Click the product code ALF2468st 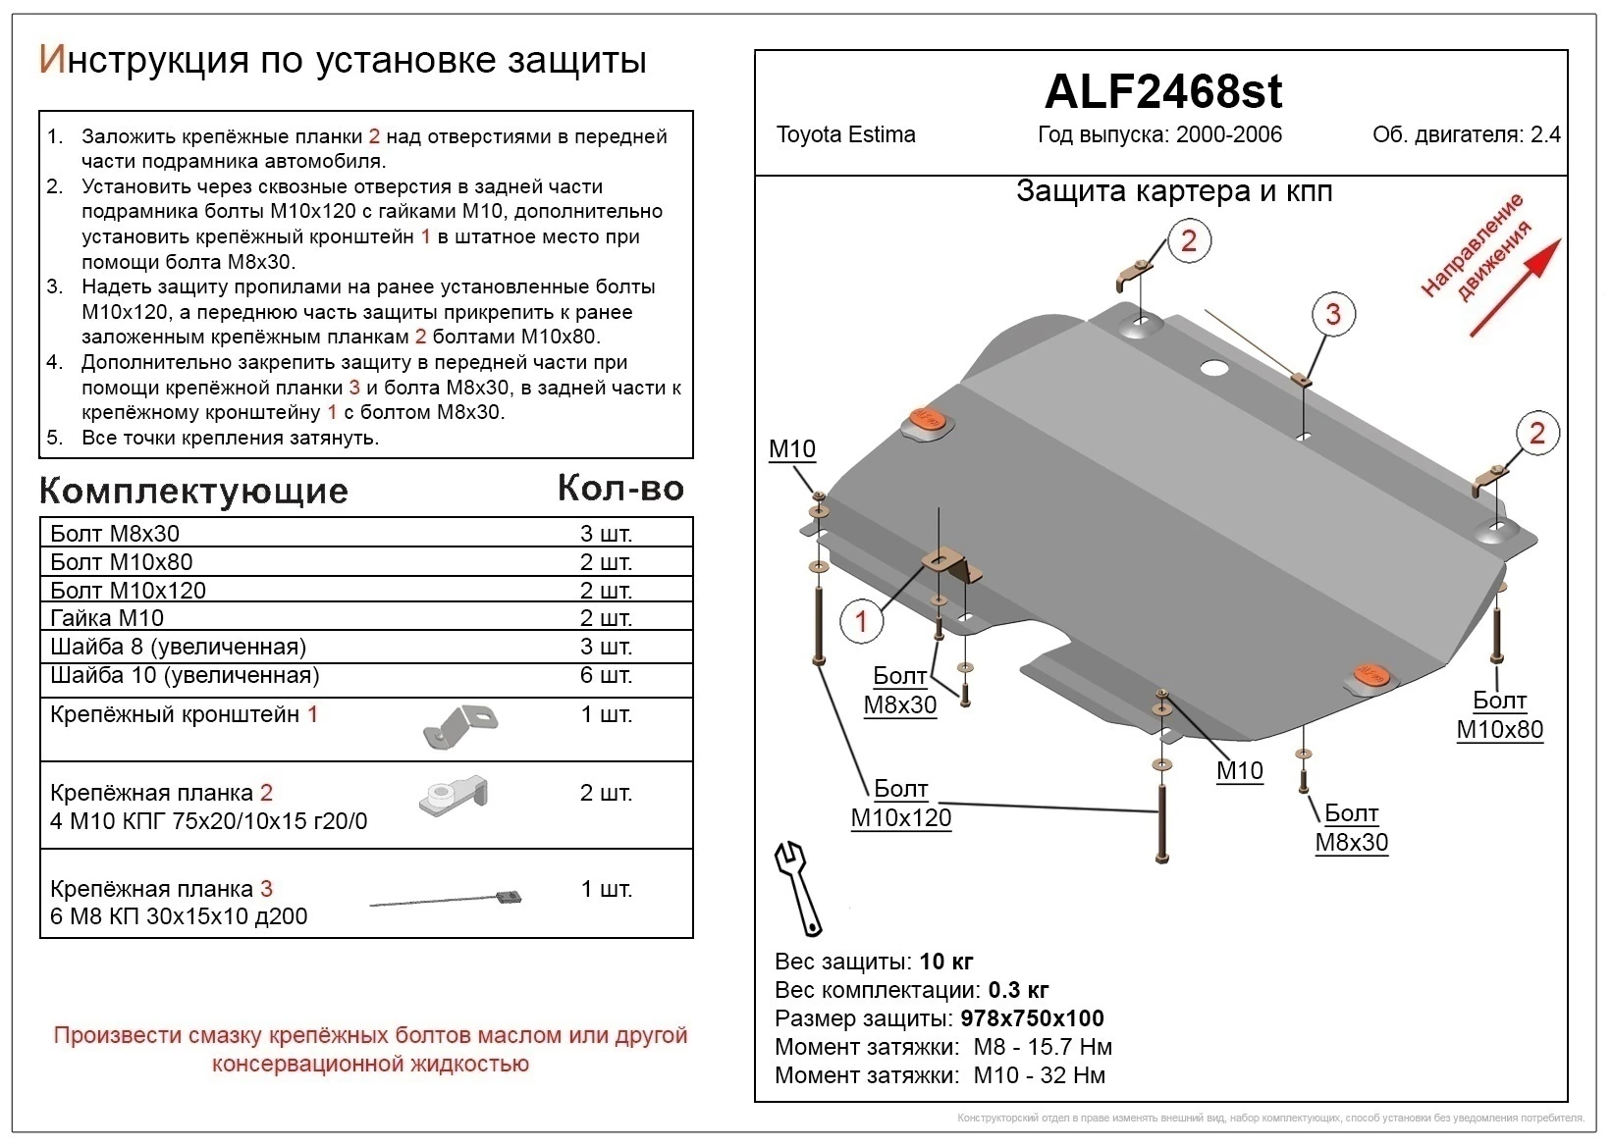pos(1162,92)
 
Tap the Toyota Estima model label pos(845,135)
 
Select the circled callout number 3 pos(1332,314)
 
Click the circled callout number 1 pos(861,621)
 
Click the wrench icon pos(797,886)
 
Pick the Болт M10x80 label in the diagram pos(1499,715)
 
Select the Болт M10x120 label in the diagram pos(900,804)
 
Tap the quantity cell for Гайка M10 pos(606,618)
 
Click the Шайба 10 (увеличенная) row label pos(185,675)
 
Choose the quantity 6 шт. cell pos(606,675)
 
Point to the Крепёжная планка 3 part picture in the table pos(446,898)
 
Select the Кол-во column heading pos(620,488)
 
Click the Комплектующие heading pos(193,491)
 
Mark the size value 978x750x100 pos(1032,1018)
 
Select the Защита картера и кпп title pos(1174,191)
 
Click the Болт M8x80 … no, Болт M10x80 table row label pos(122,562)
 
